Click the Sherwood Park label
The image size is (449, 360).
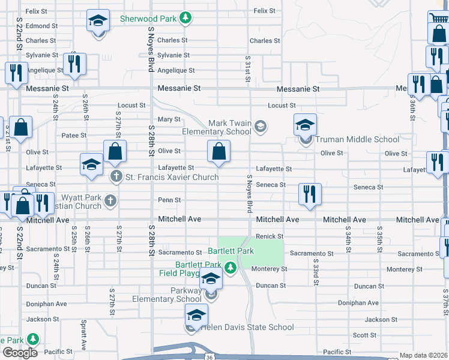[x=148, y=19]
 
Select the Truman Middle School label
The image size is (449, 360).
[x=357, y=139]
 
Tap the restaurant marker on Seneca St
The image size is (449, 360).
[x=310, y=194]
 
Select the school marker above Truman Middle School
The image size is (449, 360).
[x=305, y=125]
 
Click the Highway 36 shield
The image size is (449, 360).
[x=208, y=357]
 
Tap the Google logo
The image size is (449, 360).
[x=20, y=352]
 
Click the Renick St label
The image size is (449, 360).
[x=270, y=236]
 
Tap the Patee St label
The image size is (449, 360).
[x=75, y=136]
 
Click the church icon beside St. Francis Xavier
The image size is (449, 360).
[x=116, y=177]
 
